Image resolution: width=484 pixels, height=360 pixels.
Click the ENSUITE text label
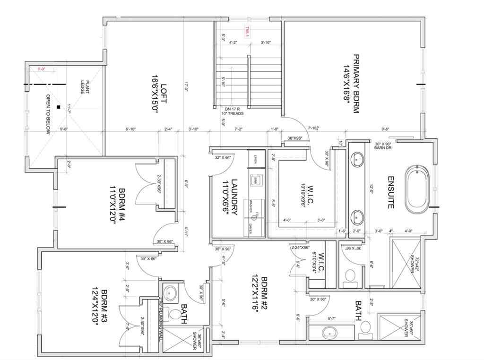[x=391, y=192]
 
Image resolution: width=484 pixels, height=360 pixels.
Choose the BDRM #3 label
[x=97, y=305]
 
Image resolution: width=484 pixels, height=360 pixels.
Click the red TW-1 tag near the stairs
[x=246, y=31]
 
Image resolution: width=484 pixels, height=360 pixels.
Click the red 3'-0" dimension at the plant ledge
[x=43, y=69]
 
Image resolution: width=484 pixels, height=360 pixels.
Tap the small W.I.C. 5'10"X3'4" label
[x=320, y=263]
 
